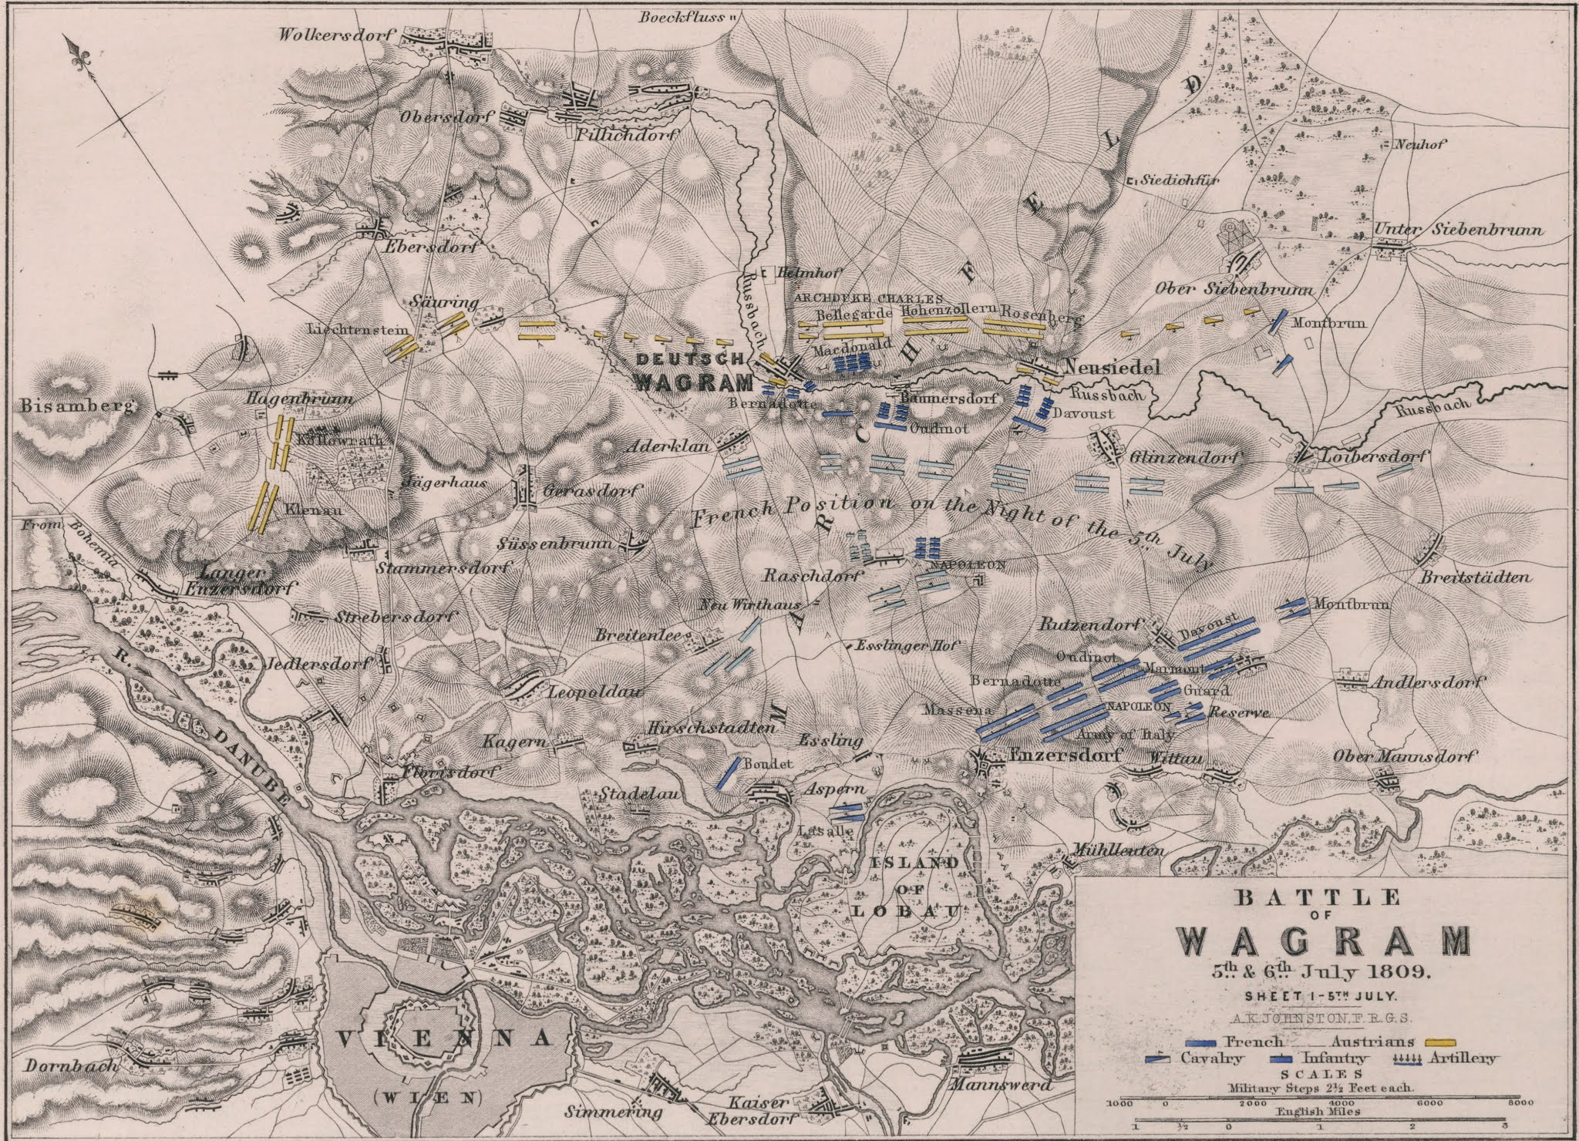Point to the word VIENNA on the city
[x=444, y=1039]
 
